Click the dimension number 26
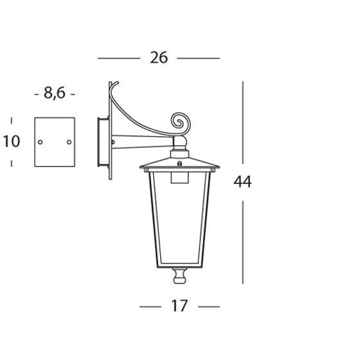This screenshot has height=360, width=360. (159, 58)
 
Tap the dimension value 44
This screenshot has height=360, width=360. (242, 182)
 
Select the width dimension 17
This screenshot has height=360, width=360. (179, 306)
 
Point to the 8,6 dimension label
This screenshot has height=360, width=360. (55, 93)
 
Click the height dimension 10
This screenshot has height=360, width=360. (12, 141)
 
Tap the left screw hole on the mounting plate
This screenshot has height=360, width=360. (40, 142)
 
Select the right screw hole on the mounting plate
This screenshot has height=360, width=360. (69, 142)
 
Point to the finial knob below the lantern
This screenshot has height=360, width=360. (180, 276)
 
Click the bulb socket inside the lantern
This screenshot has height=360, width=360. (179, 177)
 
